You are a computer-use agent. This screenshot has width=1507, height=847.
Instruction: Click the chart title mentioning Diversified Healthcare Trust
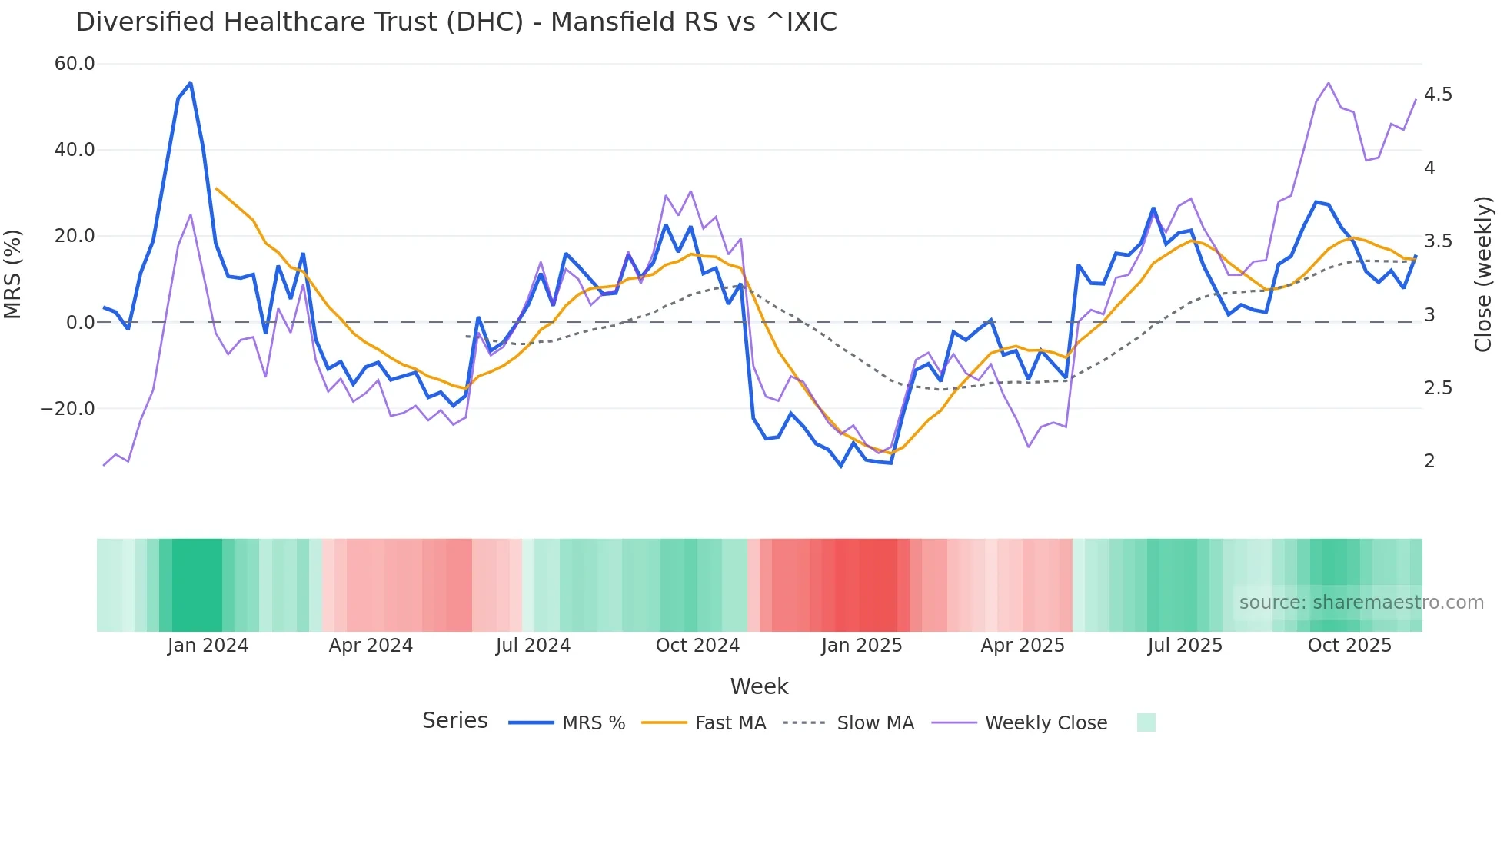(x=456, y=22)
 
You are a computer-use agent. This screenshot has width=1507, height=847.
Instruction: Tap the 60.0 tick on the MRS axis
(x=75, y=64)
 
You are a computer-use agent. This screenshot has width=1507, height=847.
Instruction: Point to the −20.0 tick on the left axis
(x=68, y=409)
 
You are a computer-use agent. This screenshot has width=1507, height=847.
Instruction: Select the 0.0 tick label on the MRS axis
(x=80, y=323)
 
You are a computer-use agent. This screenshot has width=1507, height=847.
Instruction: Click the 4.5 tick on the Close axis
(x=1438, y=95)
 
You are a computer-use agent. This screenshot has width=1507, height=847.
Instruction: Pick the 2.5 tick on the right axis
(x=1438, y=388)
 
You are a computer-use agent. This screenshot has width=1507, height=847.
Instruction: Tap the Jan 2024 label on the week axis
(x=208, y=646)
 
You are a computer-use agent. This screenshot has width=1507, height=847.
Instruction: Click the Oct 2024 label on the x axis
(x=697, y=646)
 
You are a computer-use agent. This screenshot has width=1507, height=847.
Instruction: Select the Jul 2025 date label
(x=1185, y=646)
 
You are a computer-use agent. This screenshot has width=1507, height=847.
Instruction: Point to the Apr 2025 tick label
(x=1023, y=646)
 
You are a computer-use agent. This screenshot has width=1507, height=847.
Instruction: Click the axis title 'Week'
(x=759, y=686)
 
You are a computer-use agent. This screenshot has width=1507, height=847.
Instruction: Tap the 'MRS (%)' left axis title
(x=13, y=274)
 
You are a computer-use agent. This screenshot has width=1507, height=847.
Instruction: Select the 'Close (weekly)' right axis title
(x=1483, y=274)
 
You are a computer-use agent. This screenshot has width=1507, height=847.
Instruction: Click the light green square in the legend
(x=1146, y=722)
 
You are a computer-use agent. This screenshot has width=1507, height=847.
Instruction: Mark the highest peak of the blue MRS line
(x=190, y=83)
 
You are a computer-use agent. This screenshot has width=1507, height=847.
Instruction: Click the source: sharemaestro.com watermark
(x=1361, y=603)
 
